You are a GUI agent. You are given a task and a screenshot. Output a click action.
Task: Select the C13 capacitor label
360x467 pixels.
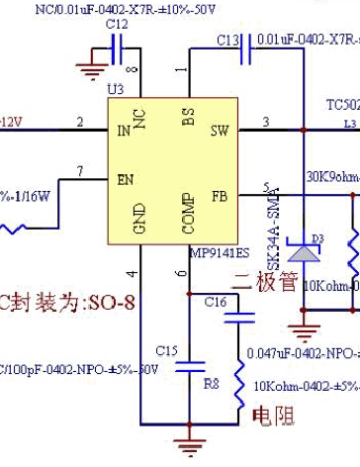click(227, 40)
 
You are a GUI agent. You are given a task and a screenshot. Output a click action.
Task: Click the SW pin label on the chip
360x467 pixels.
click(220, 131)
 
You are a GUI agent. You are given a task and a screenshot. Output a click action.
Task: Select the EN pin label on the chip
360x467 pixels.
click(124, 181)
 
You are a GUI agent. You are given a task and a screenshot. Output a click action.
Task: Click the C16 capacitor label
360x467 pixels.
click(216, 302)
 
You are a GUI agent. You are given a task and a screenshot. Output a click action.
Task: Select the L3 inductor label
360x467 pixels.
click(348, 124)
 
